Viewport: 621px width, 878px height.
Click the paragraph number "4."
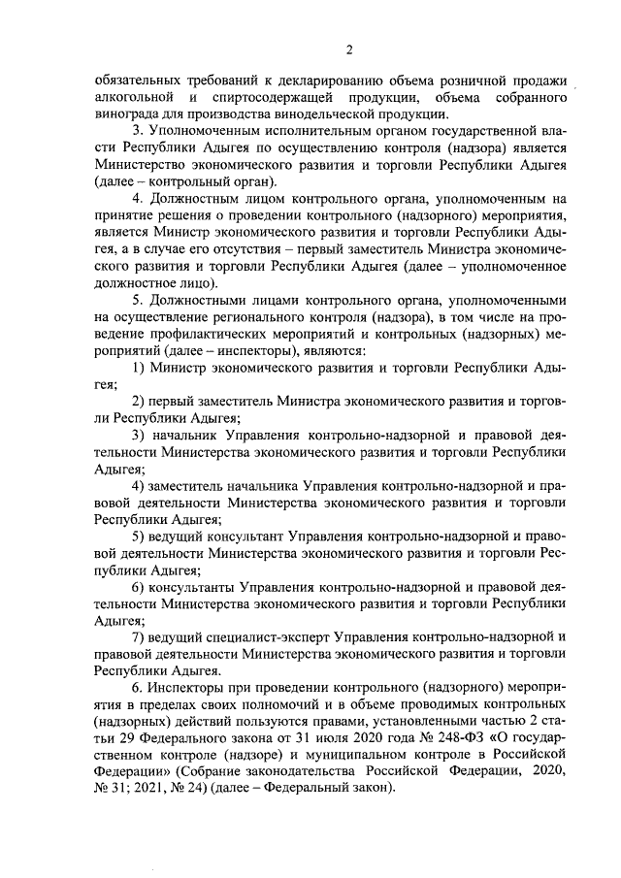(138, 199)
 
